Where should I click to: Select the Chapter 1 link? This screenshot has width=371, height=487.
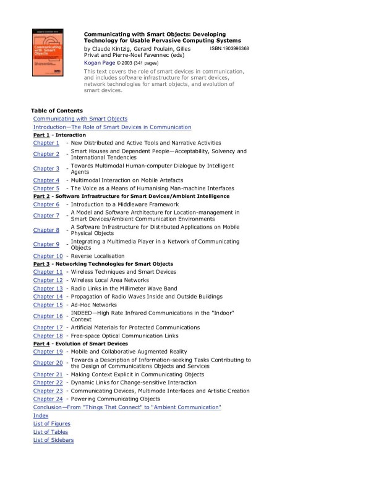(46, 143)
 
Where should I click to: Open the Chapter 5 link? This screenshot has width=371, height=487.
(46, 188)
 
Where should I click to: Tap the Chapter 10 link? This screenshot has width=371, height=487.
(48, 256)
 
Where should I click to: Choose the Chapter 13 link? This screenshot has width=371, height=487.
(48, 289)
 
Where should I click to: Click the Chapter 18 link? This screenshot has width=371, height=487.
(48, 336)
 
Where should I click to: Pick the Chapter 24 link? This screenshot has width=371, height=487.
(48, 399)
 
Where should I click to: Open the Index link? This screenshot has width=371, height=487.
(41, 416)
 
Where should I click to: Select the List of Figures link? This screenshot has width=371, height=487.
(52, 424)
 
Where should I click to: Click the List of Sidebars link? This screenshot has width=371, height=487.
(53, 440)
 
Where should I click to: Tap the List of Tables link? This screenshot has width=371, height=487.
(51, 432)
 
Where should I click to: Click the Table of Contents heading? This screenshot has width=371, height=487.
(57, 111)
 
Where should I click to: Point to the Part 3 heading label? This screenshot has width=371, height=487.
(42, 264)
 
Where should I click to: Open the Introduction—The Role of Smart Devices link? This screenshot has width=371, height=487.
(112, 127)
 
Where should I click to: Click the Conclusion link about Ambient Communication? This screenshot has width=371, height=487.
(127, 408)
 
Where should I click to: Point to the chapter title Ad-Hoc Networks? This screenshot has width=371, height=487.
(93, 305)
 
